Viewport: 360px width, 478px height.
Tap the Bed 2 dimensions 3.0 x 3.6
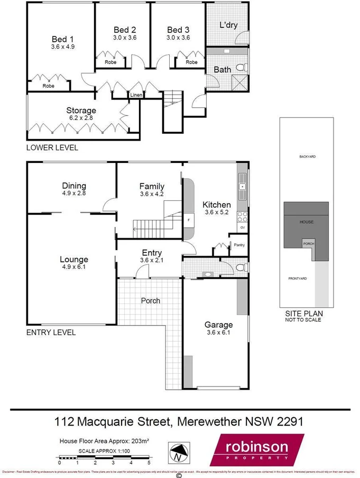[125, 38]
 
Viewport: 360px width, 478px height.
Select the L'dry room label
[228, 24]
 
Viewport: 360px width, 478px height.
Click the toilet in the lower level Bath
[241, 68]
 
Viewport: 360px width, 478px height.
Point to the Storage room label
[81, 111]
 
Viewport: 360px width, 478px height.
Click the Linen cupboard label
[136, 95]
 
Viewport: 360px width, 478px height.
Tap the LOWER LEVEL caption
[52, 148]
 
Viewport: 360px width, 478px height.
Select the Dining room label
[74, 186]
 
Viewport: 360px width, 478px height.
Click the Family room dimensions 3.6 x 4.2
[152, 194]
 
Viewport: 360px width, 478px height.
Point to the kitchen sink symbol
[242, 186]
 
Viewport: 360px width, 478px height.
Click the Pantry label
[238, 245]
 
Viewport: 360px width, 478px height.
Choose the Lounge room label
[74, 260]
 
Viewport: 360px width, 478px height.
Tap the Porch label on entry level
[150, 300]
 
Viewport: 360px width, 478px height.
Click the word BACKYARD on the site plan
[307, 157]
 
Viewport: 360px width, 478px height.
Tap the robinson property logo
[257, 450]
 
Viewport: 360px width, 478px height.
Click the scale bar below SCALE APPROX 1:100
[105, 457]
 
